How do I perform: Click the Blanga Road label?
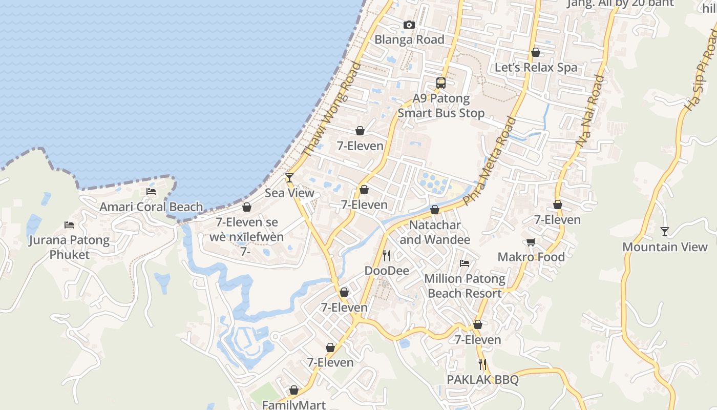tap(409, 39)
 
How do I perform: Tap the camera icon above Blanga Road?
tap(409, 25)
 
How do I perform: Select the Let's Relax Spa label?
tap(536, 67)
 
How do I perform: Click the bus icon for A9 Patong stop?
tap(441, 83)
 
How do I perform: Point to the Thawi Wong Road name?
tap(331, 109)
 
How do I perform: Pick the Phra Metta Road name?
tap(490, 161)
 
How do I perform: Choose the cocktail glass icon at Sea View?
tap(289, 178)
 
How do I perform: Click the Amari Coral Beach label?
tap(151, 207)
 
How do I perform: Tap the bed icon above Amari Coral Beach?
tap(151, 192)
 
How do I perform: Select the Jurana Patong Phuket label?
tap(69, 247)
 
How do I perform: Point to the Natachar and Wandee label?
tap(435, 232)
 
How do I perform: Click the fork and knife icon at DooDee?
tap(387, 255)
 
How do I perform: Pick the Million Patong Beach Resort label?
tap(465, 286)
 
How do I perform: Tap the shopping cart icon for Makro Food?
tap(531, 242)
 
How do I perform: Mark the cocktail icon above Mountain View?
tap(665, 232)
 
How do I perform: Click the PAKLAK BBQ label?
tap(482, 380)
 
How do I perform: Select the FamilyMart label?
tap(294, 405)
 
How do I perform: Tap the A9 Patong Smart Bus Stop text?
tap(441, 106)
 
